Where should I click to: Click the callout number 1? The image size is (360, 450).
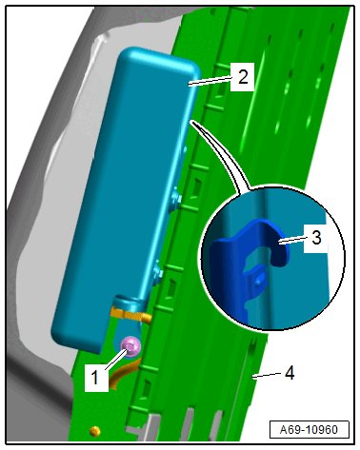coord(94,378)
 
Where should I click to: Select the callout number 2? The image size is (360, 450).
coord(243,77)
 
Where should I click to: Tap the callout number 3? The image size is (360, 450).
coord(316,238)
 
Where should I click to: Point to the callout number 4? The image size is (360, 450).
coord(290,373)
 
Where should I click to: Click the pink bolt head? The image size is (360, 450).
coord(130,346)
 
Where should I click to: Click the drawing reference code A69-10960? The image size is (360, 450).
coord(309,430)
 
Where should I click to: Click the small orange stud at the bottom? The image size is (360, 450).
coord(95,431)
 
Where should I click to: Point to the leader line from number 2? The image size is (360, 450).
coord(210,81)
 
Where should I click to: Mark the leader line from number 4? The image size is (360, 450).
coord(267,375)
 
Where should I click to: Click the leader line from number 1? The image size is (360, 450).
coord(117,359)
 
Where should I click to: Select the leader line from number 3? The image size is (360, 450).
coord(291,241)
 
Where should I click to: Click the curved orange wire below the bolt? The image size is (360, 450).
coord(123,374)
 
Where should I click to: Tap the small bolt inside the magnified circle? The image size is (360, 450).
coord(259,282)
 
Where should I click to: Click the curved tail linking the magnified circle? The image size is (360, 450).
coord(222,152)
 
